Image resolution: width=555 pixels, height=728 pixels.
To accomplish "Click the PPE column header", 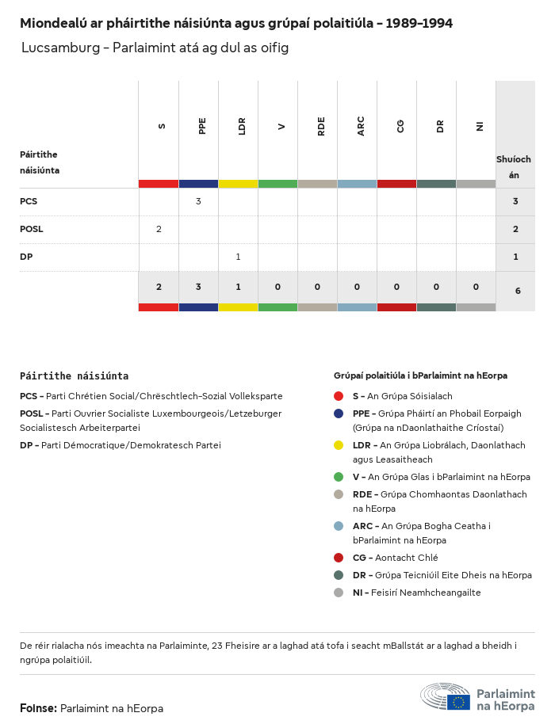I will coord(202,126).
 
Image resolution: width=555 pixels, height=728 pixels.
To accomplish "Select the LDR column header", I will coord(242,126).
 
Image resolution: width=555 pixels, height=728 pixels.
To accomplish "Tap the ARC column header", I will coord(361,126).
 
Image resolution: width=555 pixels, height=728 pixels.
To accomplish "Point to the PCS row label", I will coord(29,201).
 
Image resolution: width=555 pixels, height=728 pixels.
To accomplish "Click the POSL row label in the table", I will coord(32,229).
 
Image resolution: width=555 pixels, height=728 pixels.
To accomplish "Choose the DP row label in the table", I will coord(26,257).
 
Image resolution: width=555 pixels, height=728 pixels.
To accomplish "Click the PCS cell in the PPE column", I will coord(198,201).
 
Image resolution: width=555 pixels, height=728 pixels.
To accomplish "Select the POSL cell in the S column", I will coord(159,229).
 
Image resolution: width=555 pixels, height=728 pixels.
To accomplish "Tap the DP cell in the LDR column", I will coord(238,257).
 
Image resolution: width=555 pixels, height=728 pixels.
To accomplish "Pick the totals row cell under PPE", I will coord(198,287).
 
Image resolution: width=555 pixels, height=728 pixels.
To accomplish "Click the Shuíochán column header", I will coord(514,167).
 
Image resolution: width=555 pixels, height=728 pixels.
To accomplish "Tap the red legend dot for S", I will coord(339,396).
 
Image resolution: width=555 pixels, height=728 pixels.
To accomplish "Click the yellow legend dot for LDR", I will coord(339,445).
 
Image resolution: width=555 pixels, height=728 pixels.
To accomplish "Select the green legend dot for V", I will coord(339,477).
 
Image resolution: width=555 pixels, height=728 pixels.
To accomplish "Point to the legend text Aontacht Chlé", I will coord(406,558).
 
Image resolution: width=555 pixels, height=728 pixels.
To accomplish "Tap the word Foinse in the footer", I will coord(37,708).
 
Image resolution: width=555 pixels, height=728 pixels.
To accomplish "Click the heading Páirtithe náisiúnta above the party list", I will coord(74,375).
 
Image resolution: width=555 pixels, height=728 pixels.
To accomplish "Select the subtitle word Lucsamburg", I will coord(60,48).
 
